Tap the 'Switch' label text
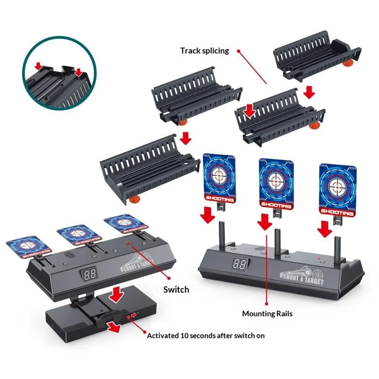tap(176, 289)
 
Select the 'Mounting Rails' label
tap(267, 313)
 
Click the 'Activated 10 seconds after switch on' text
tap(206, 335)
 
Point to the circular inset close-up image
tap(56, 76)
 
